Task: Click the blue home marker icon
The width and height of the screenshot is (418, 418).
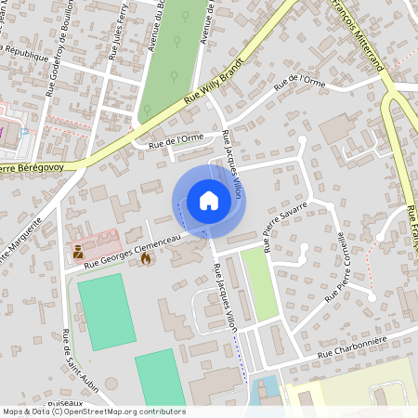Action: point(209,200)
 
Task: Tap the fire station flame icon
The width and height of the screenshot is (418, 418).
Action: point(146,259)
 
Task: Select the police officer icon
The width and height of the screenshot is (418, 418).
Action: point(79,251)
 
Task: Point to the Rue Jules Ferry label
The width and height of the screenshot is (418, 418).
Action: point(117,35)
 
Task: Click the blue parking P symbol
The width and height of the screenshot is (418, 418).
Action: point(24,134)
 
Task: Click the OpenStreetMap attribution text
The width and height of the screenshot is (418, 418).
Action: point(93,411)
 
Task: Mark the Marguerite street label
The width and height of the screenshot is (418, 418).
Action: point(20,240)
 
